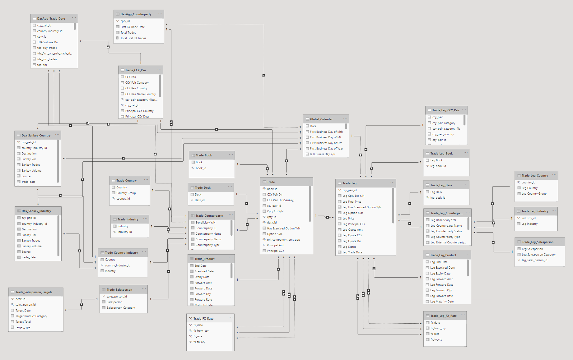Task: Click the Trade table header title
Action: [x=271, y=182]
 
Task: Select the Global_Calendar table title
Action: [x=321, y=119]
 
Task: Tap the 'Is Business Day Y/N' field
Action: [x=323, y=154]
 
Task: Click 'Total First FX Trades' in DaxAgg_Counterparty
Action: [x=133, y=38]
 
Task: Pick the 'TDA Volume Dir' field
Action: [x=48, y=42]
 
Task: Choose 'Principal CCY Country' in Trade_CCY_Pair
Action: [x=139, y=111]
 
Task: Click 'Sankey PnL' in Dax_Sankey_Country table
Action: [x=29, y=159]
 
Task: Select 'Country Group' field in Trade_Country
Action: [x=126, y=193]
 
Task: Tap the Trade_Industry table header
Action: [x=128, y=219]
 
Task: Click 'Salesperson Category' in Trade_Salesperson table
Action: [x=121, y=308]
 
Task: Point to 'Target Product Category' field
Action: [x=31, y=316]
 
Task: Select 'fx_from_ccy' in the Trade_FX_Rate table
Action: [x=201, y=331]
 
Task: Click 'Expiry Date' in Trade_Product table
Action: [x=202, y=277]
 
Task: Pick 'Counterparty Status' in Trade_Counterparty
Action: [x=208, y=239]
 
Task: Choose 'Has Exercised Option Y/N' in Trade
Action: [x=283, y=228]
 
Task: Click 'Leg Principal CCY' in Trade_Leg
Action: [x=354, y=224]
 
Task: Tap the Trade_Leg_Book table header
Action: [x=441, y=154]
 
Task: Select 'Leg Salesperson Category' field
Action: [x=538, y=255]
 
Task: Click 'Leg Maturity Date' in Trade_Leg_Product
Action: [x=442, y=302]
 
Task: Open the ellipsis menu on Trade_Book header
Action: [x=231, y=155]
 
